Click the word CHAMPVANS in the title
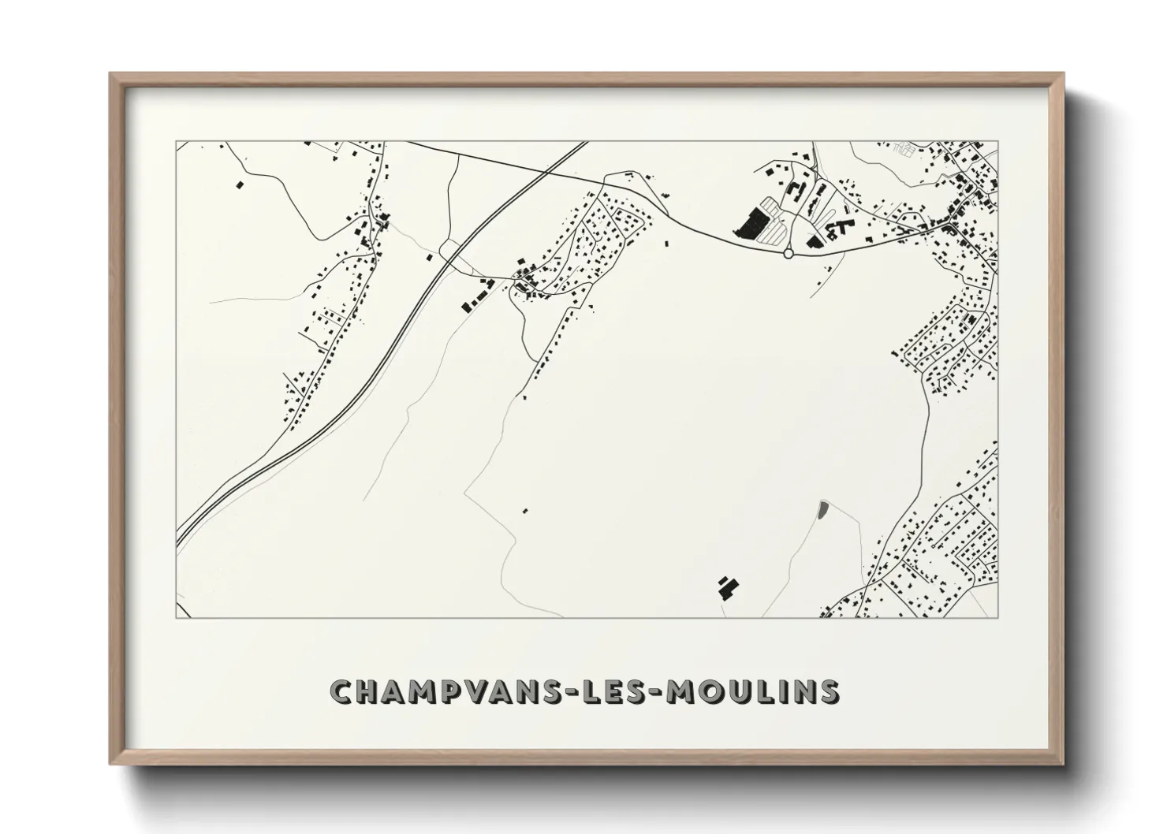point(439,691)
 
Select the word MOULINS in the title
point(753,691)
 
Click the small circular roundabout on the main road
point(788,253)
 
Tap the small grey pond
point(824,509)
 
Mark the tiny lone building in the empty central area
point(524,511)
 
